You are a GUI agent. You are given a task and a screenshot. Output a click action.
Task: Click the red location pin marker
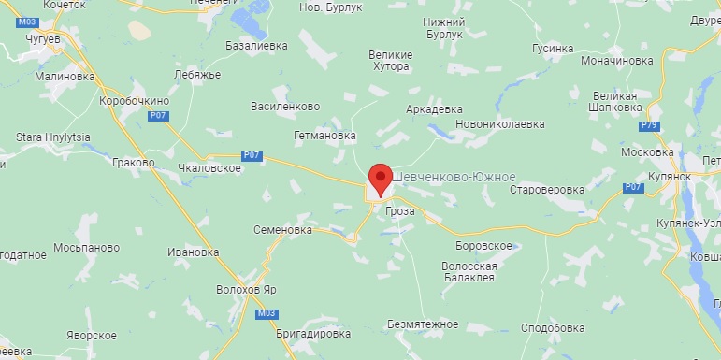[381, 178]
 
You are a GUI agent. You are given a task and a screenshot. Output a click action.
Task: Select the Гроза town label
[400, 211]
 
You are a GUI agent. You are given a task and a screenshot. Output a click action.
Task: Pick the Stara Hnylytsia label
[53, 137]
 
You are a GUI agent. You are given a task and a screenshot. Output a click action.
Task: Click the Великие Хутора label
[390, 61]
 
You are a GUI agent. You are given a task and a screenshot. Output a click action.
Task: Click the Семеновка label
[282, 229]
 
